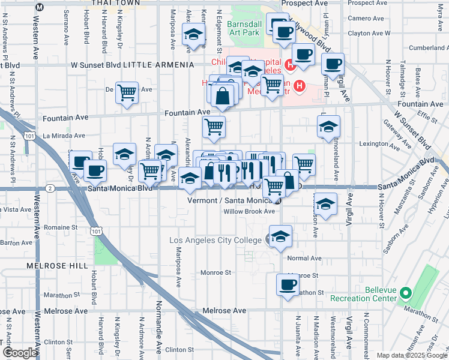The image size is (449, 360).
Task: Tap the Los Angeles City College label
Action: coord(216,240)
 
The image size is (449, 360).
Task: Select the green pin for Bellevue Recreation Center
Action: coord(405,293)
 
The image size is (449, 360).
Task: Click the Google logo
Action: coord(20,352)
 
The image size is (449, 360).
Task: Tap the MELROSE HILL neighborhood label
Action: coord(58,265)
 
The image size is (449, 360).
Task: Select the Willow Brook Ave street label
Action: coord(249,212)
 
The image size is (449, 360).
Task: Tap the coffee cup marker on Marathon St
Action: coord(287,285)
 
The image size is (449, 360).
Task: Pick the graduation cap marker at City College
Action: coord(280,236)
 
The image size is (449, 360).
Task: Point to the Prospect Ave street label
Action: coord(304,3)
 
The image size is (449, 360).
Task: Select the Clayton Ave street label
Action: coord(366,34)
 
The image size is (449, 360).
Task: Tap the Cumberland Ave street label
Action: coord(428,48)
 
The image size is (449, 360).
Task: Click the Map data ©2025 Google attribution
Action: coord(411,355)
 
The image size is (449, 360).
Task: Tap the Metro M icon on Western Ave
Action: coord(40,7)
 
